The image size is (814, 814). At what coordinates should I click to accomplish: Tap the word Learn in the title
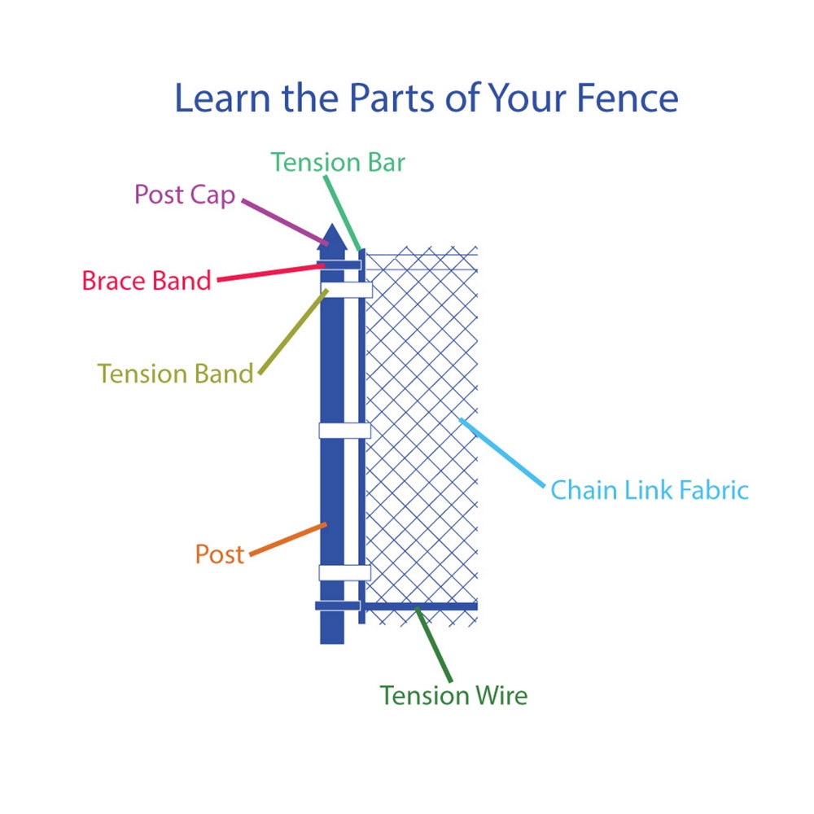(x=222, y=98)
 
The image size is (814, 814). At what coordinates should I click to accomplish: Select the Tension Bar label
(x=338, y=162)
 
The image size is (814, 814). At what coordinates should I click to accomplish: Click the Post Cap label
(x=185, y=195)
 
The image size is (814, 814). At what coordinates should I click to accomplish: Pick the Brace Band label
(x=147, y=280)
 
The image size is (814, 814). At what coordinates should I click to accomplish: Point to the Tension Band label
(x=176, y=374)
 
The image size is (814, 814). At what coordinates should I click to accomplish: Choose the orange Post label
(x=219, y=554)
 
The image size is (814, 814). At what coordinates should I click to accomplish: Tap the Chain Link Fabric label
(x=650, y=490)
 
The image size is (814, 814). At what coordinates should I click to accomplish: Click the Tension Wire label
(x=453, y=695)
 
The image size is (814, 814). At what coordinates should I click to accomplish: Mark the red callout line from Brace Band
(x=271, y=273)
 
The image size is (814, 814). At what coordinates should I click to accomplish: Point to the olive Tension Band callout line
(x=293, y=331)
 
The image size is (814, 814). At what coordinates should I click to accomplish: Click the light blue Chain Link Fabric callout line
(x=502, y=453)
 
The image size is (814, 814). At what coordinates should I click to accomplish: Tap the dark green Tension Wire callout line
(x=434, y=644)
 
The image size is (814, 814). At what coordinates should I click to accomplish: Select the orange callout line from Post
(x=288, y=540)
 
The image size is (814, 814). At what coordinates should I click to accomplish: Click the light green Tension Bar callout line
(x=342, y=213)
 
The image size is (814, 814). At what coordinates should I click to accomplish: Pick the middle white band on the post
(x=344, y=431)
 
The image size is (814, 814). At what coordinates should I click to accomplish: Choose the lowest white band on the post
(x=344, y=572)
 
